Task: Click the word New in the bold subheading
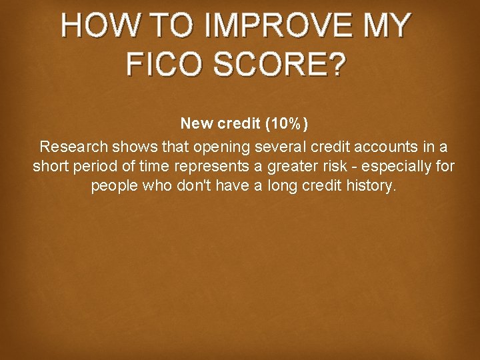(197, 123)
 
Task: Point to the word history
(368, 186)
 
